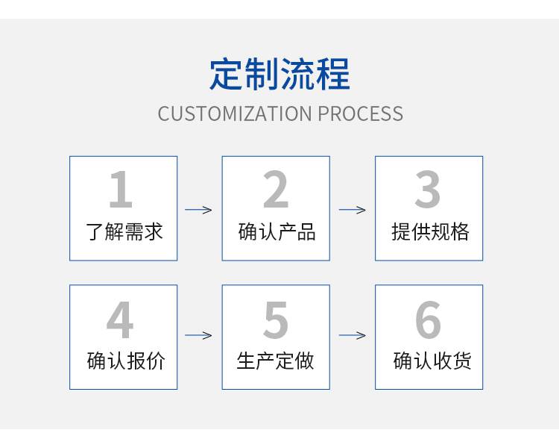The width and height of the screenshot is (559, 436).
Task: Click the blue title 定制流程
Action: point(279,74)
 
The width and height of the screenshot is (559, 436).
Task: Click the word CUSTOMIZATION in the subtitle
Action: point(236,113)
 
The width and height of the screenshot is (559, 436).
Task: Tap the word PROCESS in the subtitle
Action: point(361,113)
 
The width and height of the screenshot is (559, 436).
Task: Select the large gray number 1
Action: point(121,189)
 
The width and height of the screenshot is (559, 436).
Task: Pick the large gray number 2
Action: point(276,189)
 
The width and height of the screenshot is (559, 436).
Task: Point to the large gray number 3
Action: point(428,189)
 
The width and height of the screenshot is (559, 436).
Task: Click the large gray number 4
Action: point(120,320)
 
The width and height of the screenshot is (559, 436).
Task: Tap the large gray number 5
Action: point(276,320)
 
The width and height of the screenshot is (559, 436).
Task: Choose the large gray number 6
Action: point(428,320)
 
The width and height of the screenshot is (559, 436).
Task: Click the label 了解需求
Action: point(124,231)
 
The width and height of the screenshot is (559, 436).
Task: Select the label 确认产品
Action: point(277,231)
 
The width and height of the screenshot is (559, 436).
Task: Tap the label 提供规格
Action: point(430,231)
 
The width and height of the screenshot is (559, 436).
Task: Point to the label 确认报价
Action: point(126,361)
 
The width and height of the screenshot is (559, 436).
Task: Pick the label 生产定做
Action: point(275,361)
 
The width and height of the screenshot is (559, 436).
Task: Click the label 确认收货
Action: point(432,361)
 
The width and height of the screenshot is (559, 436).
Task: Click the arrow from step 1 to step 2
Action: point(198,210)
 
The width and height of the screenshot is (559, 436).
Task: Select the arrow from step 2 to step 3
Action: point(353,210)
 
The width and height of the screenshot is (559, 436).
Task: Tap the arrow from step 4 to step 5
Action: point(198,335)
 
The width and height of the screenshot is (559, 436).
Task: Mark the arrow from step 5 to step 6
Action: point(353,335)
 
